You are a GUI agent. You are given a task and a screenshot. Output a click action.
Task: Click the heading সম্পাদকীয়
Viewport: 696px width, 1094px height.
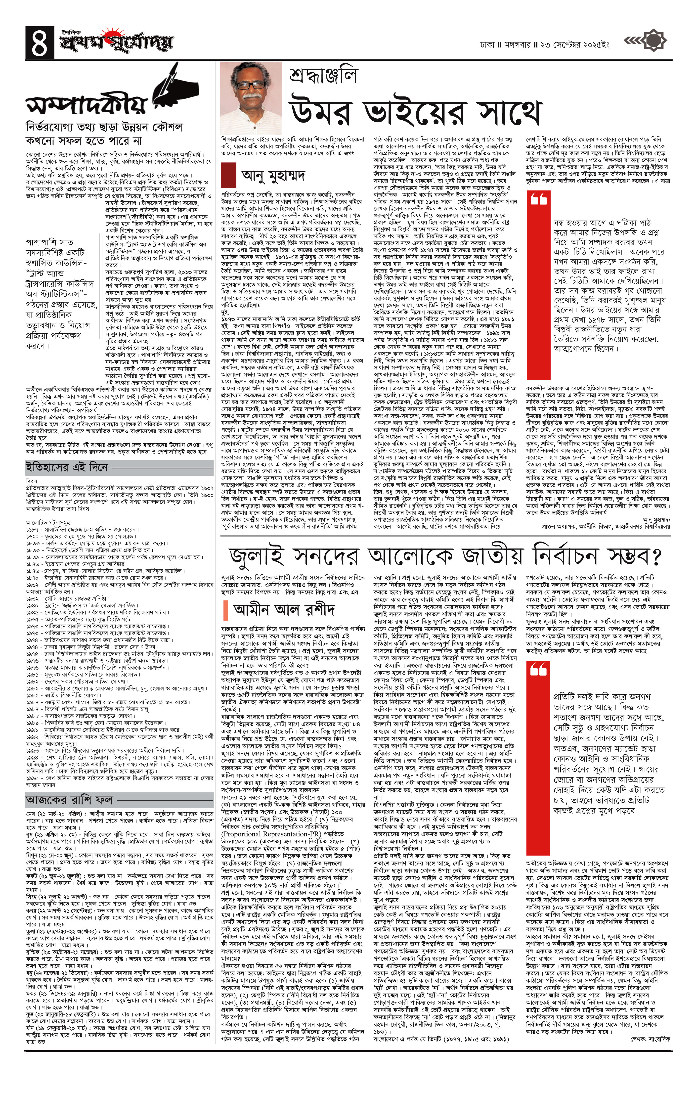click(86, 104)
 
